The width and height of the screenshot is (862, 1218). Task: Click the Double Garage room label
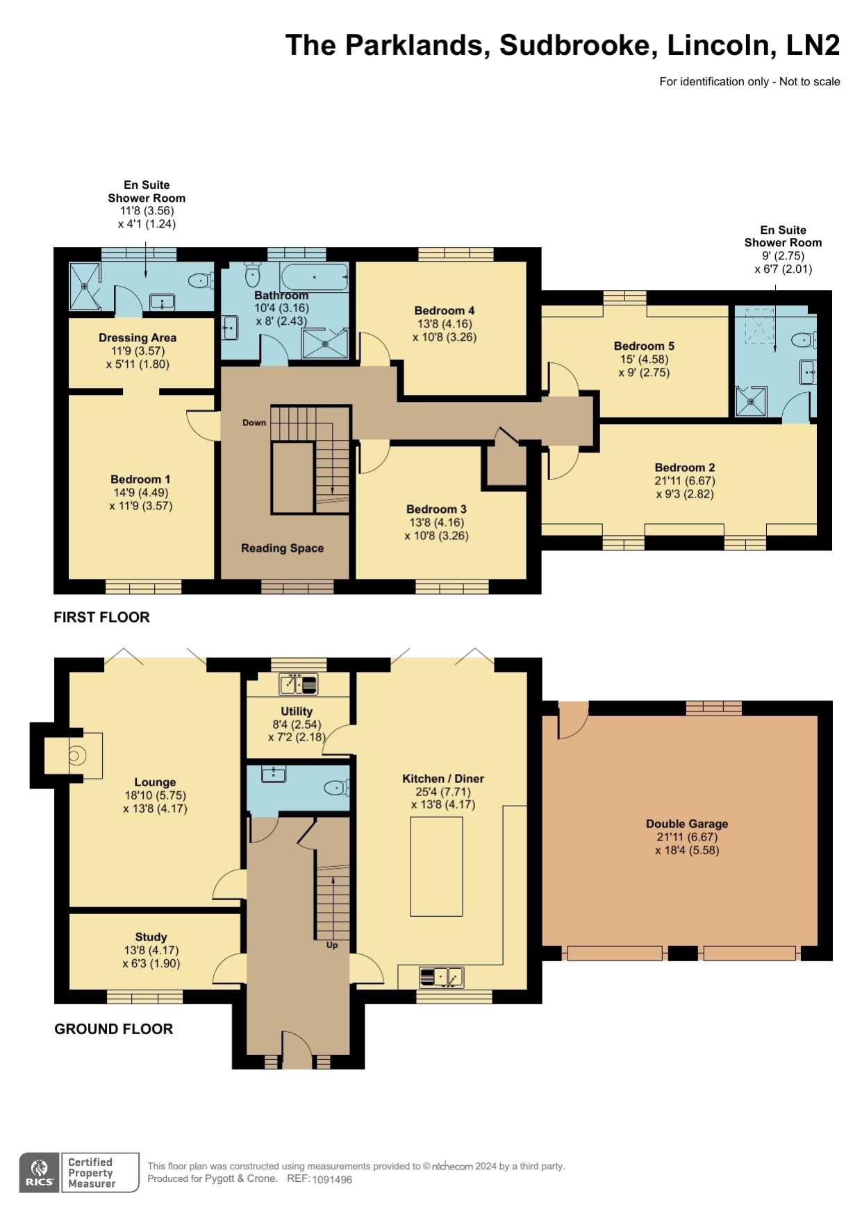(687, 824)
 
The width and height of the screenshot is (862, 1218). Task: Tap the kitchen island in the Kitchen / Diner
(436, 867)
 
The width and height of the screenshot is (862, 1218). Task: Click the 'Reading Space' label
(282, 548)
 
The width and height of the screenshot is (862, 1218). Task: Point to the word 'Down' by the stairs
(254, 423)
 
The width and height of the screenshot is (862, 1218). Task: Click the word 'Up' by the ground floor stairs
(332, 945)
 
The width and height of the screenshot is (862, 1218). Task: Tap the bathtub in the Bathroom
(314, 277)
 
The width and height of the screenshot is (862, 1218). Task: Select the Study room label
(151, 937)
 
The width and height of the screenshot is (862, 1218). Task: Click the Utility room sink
(299, 684)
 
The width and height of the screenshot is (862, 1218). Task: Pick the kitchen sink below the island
(441, 977)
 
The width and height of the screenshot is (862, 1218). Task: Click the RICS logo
(40, 1173)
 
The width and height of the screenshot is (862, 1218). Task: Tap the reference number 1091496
(332, 1179)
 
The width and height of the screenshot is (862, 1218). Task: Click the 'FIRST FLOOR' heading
(101, 617)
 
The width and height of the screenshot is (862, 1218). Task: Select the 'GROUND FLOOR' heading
(113, 1029)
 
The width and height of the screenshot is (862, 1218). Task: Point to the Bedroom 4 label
(445, 311)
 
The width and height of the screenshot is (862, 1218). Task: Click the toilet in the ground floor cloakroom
(338, 788)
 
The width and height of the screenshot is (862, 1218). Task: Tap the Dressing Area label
(138, 338)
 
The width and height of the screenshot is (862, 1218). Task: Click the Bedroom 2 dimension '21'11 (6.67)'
(685, 481)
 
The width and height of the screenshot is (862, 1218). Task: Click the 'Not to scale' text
(810, 82)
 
